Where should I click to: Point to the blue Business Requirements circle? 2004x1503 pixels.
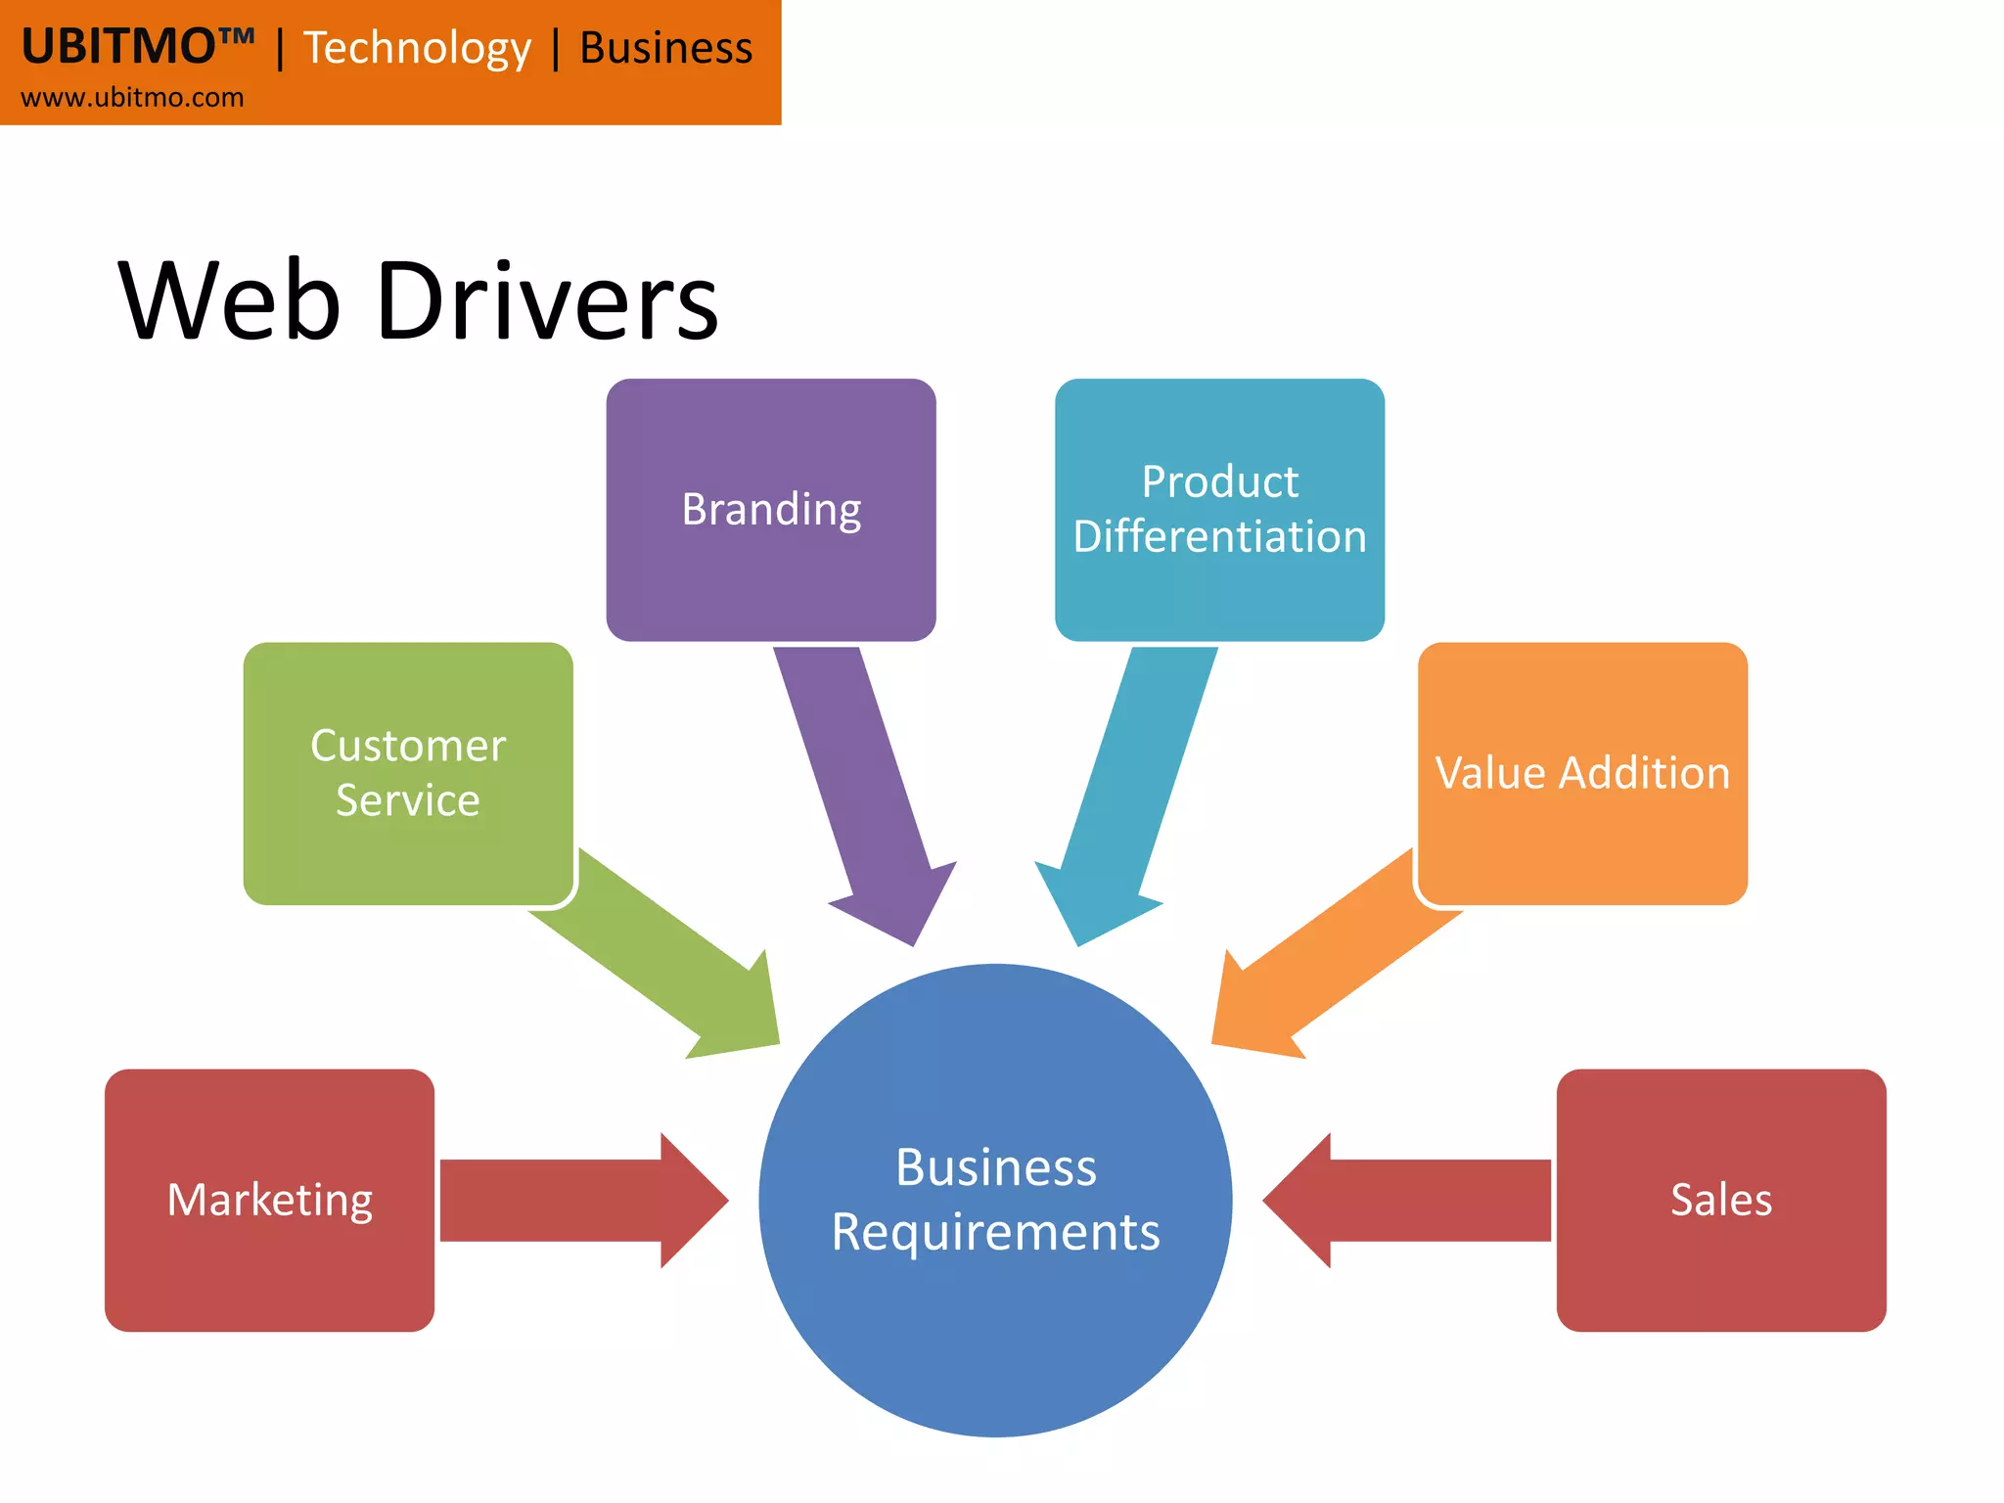(x=995, y=1331)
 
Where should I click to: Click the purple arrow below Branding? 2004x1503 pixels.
(x=861, y=783)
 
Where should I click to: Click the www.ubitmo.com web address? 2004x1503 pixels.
(x=132, y=98)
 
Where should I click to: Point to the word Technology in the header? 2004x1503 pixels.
(x=417, y=49)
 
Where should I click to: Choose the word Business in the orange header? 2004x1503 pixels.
(x=665, y=48)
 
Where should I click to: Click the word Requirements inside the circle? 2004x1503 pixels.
(x=995, y=1232)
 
